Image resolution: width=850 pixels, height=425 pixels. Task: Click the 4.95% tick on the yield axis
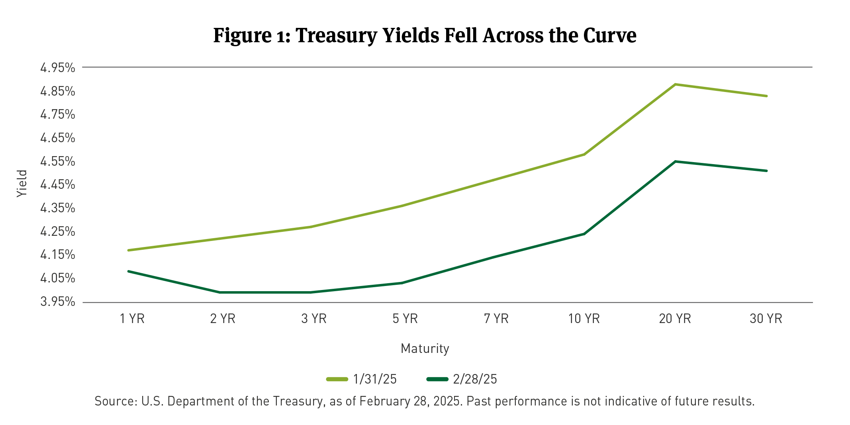point(58,68)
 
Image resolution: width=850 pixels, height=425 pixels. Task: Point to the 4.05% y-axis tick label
point(58,278)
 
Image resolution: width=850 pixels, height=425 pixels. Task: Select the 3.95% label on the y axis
point(58,302)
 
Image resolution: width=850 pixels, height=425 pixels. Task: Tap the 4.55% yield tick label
point(58,161)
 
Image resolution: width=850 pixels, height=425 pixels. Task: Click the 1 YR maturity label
point(132,319)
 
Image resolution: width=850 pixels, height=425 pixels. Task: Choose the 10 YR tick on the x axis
point(584,319)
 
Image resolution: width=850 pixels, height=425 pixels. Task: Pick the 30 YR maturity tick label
point(766,319)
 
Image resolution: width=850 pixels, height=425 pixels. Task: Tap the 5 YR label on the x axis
point(405,319)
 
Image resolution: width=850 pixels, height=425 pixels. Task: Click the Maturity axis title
point(425,349)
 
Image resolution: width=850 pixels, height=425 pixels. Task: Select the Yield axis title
point(22,183)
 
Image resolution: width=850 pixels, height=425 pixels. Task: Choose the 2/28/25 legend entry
point(462,379)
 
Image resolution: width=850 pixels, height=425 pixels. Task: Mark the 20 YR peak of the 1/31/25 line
point(675,84)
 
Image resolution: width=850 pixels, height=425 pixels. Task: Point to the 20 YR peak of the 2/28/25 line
point(675,161)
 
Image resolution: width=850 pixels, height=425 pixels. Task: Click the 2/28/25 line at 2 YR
point(220,292)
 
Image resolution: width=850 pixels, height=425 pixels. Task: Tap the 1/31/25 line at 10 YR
point(584,154)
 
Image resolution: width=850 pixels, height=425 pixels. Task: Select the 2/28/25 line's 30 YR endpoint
point(766,171)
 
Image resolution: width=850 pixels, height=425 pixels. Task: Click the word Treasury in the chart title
point(336,35)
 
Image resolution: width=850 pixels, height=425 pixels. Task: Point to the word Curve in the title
point(610,35)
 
